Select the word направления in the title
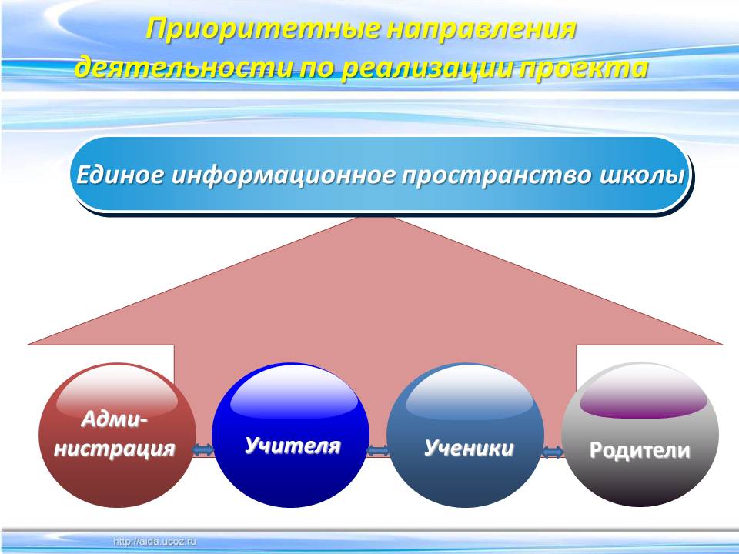click(482, 30)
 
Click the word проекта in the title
click(584, 68)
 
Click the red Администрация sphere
click(117, 435)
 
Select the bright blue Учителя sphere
click(291, 435)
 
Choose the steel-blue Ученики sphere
click(465, 435)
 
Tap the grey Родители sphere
click(640, 435)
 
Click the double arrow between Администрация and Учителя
click(203, 450)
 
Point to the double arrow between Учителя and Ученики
click(378, 451)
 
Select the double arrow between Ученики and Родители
click(553, 452)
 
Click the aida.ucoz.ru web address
click(155, 542)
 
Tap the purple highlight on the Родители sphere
click(644, 405)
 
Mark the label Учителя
click(293, 446)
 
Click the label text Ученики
click(469, 448)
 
